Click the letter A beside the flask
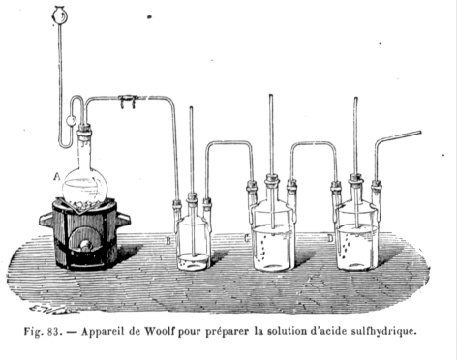(x=57, y=176)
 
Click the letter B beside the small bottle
(x=168, y=241)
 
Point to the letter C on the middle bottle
(x=247, y=238)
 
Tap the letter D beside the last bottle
(x=330, y=238)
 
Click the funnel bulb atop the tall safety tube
(x=59, y=15)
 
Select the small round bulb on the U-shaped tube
(x=71, y=121)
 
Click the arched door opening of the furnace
(x=84, y=240)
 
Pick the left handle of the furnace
(x=46, y=221)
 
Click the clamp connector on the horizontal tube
(x=128, y=101)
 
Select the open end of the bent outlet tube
(x=420, y=133)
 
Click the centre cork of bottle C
(x=272, y=179)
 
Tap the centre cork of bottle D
(x=355, y=179)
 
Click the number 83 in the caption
(x=53, y=331)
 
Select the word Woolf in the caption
(x=160, y=331)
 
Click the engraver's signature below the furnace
(x=53, y=309)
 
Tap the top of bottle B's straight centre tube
(x=191, y=108)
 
